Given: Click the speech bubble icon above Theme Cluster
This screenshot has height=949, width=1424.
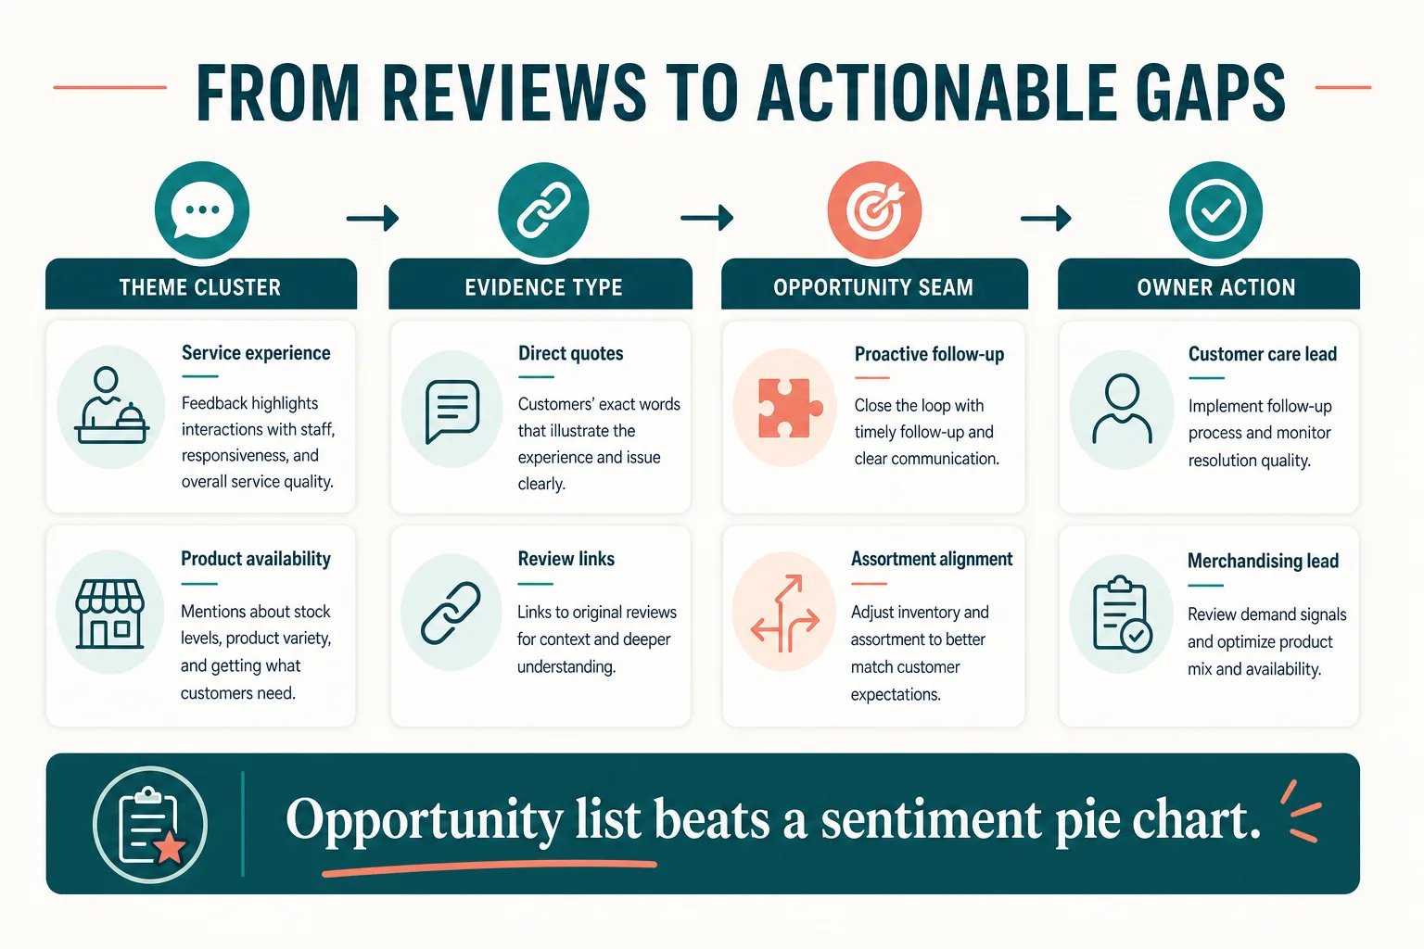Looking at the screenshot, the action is (202, 209).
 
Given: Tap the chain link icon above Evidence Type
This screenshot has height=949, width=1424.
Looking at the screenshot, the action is (543, 209).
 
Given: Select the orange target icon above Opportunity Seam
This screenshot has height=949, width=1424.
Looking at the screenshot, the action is (874, 209).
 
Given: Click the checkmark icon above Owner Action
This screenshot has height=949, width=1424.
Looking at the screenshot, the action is (1215, 209).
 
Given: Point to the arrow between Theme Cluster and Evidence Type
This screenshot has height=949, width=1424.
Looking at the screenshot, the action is (373, 218).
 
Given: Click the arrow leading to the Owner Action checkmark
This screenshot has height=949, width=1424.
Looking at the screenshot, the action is (1046, 218).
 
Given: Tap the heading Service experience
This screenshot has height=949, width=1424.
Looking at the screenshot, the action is (256, 353).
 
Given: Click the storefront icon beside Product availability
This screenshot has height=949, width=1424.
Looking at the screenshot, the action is (110, 614).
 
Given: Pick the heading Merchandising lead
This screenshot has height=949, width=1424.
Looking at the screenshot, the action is (1264, 561).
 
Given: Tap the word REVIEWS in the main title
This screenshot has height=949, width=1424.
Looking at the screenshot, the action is (514, 93).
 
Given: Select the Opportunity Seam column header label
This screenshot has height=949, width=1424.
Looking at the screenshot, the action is (873, 287).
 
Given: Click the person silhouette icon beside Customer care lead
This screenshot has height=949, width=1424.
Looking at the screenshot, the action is (1122, 408).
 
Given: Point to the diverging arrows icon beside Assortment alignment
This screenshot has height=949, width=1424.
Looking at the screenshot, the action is (785, 614).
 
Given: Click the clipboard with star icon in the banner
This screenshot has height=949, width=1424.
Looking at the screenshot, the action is (151, 825).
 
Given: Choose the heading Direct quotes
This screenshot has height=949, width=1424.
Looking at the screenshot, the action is (571, 353).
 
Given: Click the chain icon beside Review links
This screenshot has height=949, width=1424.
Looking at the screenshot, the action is (451, 613).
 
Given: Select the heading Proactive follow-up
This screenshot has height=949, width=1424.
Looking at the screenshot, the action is (930, 354).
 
